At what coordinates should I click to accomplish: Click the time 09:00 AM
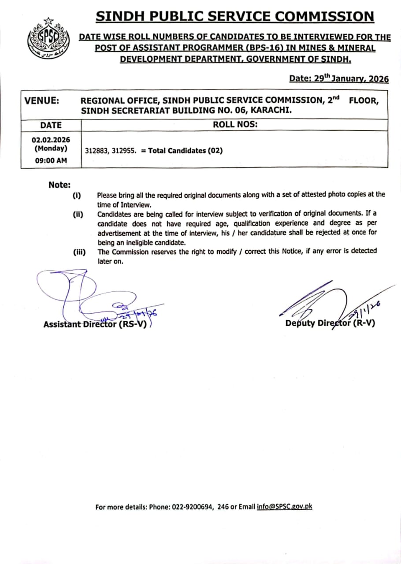pos(51,160)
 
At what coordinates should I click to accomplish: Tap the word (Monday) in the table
pos(51,149)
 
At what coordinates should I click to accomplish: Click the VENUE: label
pos(41,101)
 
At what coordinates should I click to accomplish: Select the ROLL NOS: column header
pos(235,125)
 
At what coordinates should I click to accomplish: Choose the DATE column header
pos(51,125)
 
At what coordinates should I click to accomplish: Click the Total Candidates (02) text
pos(186,151)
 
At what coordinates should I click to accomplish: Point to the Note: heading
pos(59,185)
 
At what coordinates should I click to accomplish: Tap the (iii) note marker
pos(79,252)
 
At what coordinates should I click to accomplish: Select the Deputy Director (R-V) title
pos(330,323)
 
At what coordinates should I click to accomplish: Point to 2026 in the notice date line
pos(379,79)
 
